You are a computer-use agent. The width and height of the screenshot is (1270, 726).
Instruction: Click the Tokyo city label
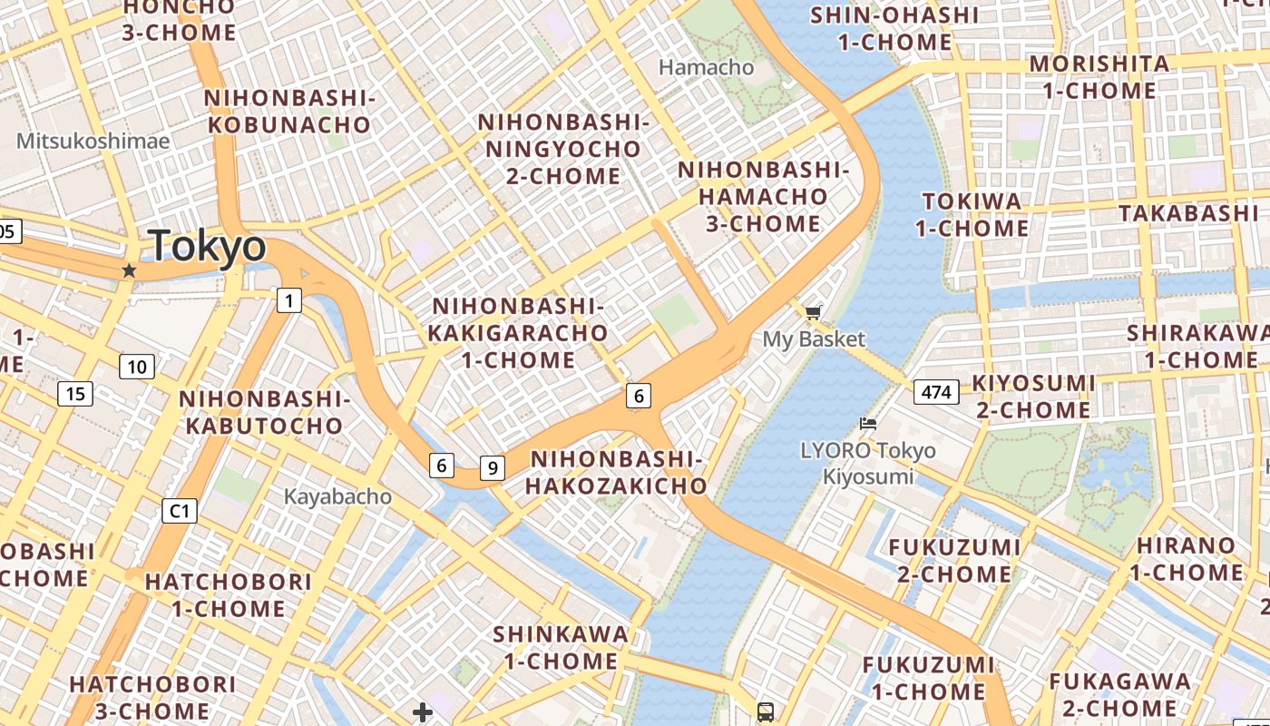point(208,246)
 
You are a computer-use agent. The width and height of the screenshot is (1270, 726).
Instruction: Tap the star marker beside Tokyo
point(129,270)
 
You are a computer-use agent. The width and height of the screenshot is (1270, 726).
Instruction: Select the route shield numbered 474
point(936,392)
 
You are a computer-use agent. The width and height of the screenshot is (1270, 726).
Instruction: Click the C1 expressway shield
point(180,511)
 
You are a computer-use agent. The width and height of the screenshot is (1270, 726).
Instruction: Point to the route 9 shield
point(492,467)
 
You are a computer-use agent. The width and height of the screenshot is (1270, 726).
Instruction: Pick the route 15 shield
point(75,394)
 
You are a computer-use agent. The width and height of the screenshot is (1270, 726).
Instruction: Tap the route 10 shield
point(136,367)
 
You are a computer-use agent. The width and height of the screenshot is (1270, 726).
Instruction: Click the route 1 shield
point(288,300)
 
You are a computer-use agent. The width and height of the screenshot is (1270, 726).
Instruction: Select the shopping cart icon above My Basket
point(813,313)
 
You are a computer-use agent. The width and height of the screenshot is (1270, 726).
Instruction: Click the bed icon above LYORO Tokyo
point(868,423)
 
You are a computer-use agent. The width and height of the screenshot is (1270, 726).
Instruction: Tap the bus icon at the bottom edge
point(766,712)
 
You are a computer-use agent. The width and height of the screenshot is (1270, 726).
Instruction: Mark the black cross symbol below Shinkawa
point(422,711)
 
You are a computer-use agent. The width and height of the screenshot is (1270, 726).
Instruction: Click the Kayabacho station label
point(337,496)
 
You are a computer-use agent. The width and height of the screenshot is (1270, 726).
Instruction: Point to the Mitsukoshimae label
point(93,141)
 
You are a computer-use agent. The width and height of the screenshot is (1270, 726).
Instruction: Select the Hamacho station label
point(706,67)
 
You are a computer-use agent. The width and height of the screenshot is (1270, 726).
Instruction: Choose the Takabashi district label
point(1188,213)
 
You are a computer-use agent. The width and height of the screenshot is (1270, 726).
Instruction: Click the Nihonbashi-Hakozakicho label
point(616,473)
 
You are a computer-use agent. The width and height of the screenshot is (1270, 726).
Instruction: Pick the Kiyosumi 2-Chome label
point(1033,397)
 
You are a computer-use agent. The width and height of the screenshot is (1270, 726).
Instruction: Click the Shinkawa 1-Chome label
point(561,647)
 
